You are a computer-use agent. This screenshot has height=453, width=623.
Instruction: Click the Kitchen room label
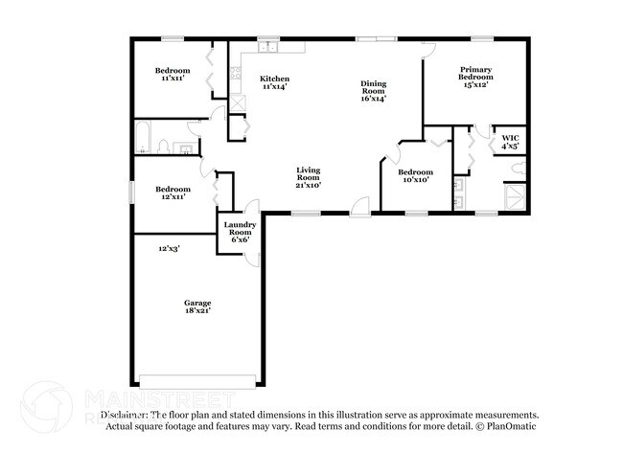click(x=275, y=79)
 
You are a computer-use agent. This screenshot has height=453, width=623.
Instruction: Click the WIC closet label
click(x=509, y=139)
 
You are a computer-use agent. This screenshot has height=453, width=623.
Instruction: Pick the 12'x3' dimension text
click(x=171, y=248)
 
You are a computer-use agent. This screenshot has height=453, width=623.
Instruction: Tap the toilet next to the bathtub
click(x=165, y=147)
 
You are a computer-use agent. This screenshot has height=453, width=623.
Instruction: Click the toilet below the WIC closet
click(x=519, y=169)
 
